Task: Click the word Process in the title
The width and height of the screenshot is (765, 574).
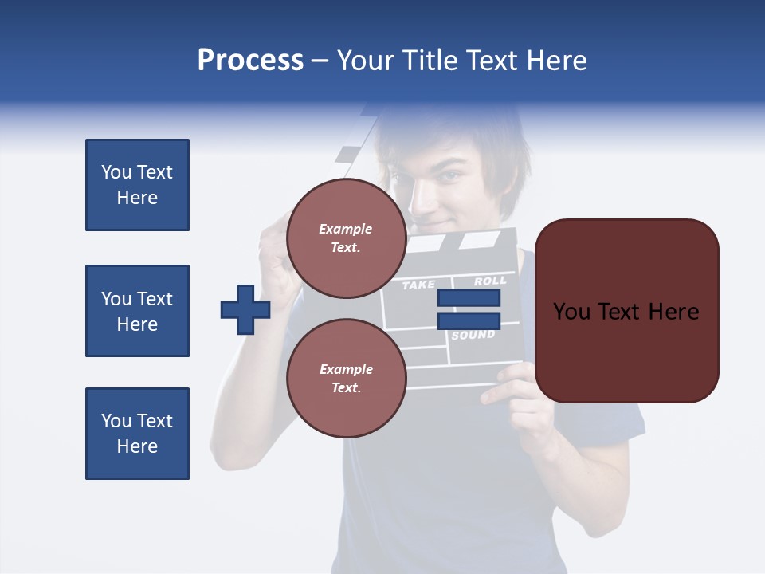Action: [x=250, y=61]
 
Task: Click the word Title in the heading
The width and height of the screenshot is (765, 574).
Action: [x=429, y=61]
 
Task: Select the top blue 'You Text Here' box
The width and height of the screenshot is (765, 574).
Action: [x=137, y=185]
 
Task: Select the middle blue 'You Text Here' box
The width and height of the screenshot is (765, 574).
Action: [x=137, y=311]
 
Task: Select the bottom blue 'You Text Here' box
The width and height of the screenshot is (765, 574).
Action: [x=137, y=434]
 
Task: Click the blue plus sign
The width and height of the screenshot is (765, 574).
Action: [x=245, y=309]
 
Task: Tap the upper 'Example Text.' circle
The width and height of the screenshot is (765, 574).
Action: [x=347, y=238]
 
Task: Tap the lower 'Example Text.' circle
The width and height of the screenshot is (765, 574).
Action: [x=347, y=379]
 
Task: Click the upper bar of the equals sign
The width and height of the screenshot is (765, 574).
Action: [x=469, y=298]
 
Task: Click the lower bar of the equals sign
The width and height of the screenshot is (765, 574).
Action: [x=469, y=320]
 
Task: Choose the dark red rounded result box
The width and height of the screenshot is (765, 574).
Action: [x=626, y=311]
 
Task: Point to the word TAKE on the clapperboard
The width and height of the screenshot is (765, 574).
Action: [x=419, y=285]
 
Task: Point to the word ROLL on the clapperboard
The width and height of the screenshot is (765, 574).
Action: [x=490, y=281]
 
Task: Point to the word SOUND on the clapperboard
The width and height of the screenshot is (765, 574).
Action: [x=473, y=336]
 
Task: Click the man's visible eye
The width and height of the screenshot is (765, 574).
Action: [x=452, y=176]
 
